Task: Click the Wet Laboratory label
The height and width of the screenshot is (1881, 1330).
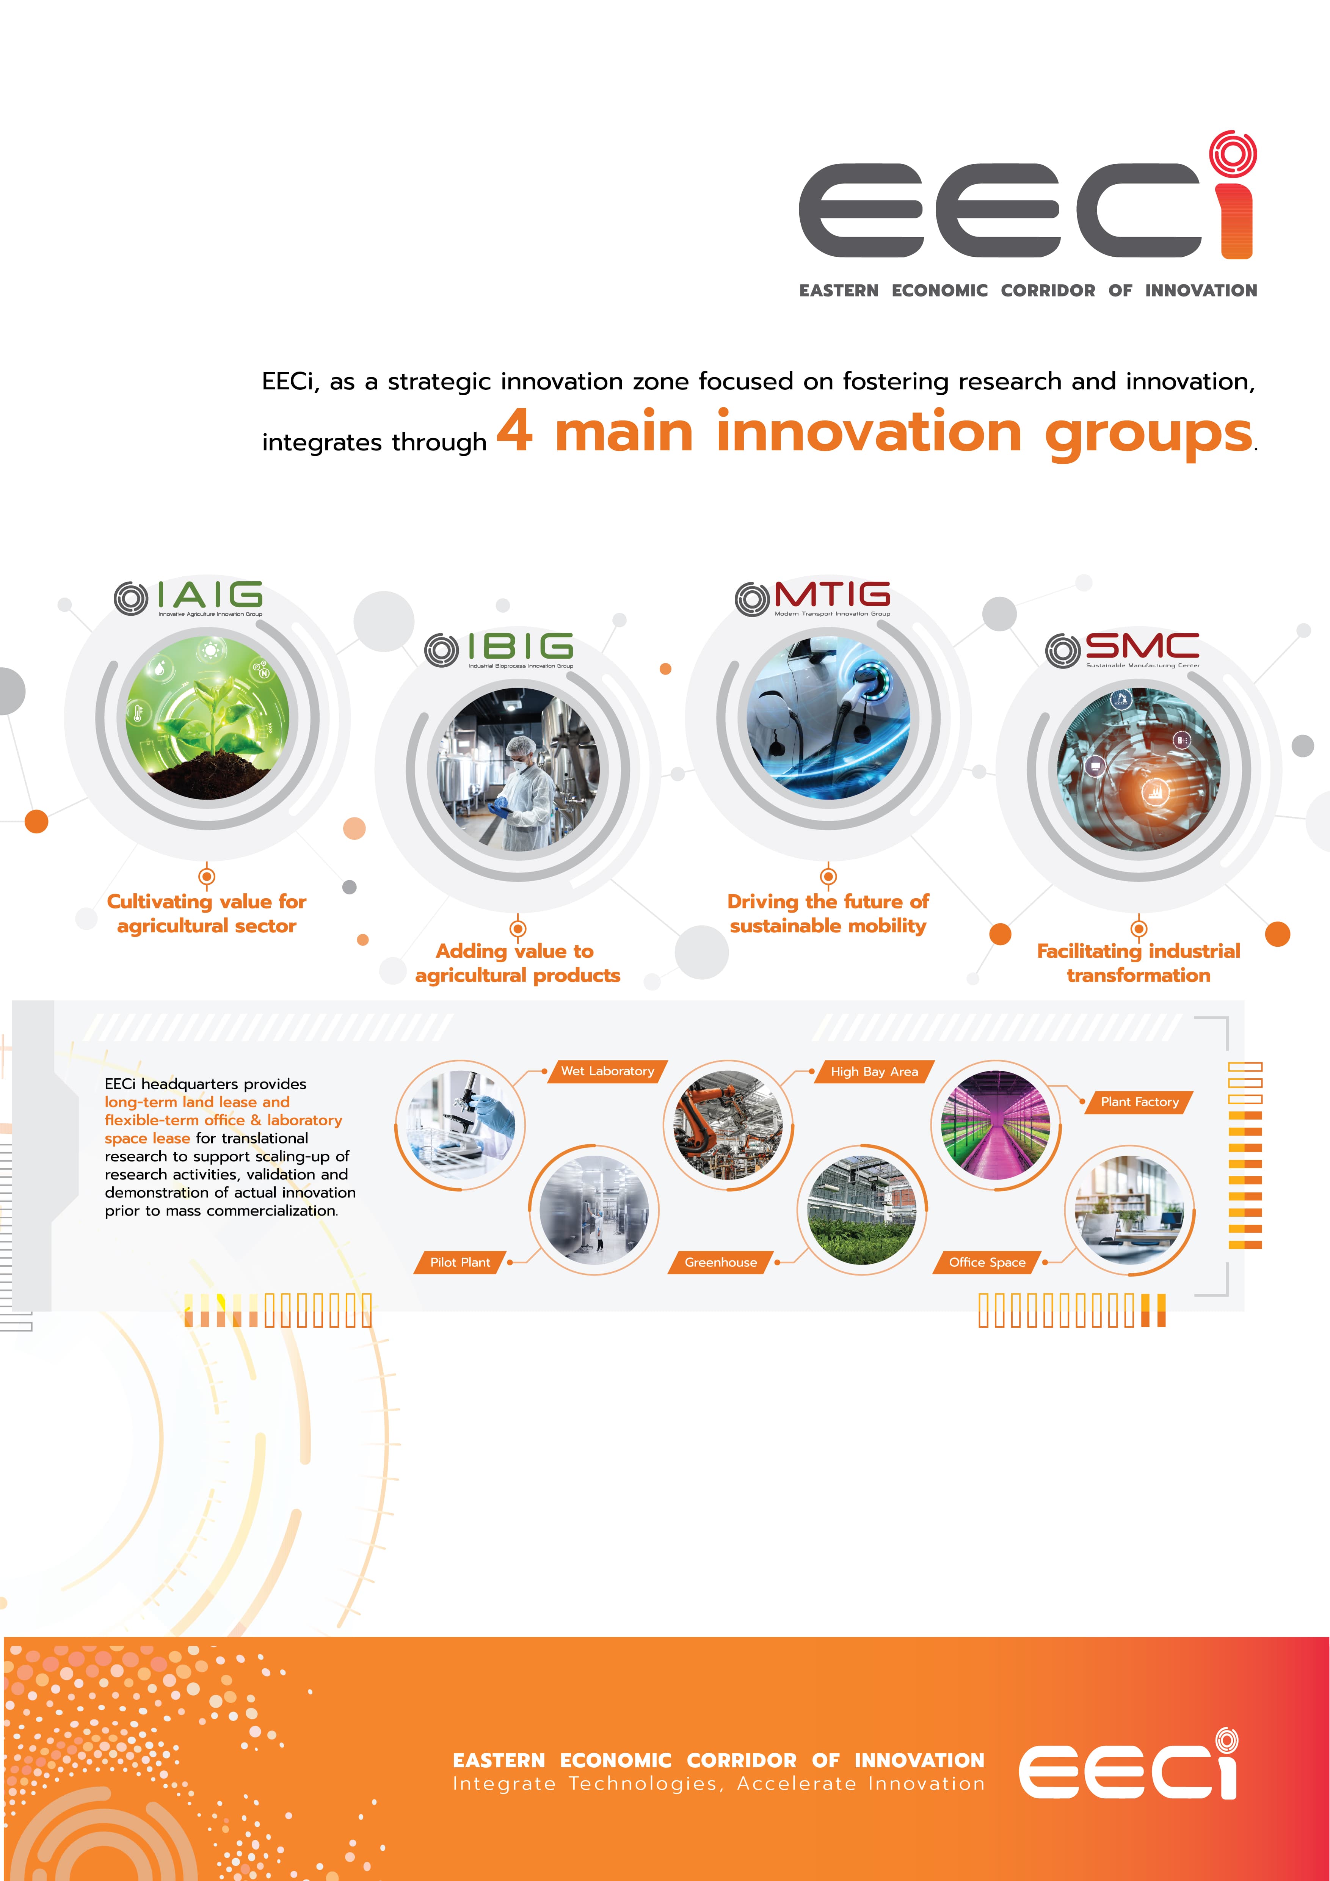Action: click(x=608, y=1071)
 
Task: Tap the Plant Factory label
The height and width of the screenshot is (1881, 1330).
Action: click(x=1139, y=1102)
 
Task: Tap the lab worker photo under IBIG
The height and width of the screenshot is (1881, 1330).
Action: click(x=518, y=770)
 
